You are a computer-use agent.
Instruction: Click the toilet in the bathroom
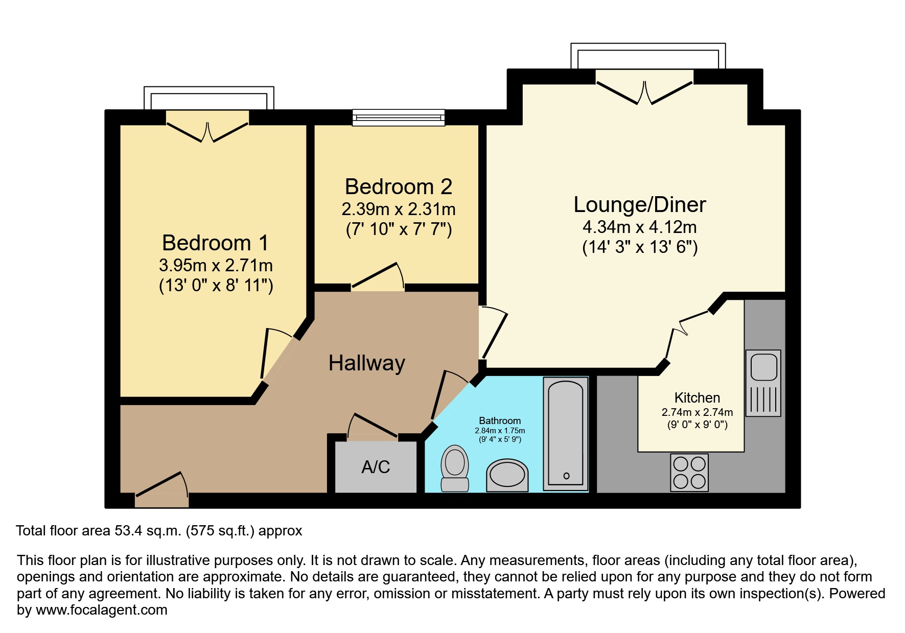(454, 468)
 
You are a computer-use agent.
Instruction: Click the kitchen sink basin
(764, 367)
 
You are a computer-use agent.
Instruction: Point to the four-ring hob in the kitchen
(689, 473)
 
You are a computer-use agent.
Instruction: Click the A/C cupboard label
(376, 467)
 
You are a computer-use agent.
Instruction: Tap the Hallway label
(366, 363)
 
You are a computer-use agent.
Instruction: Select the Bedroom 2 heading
(398, 187)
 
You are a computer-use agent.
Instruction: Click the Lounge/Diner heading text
(639, 205)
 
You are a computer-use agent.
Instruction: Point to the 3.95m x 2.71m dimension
(216, 266)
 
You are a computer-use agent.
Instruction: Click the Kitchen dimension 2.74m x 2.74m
(697, 412)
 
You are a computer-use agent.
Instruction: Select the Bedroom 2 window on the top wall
(399, 118)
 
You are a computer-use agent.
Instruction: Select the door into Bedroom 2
(377, 278)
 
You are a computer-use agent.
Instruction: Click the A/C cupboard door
(372, 427)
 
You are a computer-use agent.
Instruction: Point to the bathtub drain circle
(566, 476)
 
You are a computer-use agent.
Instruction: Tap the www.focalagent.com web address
(101, 610)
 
